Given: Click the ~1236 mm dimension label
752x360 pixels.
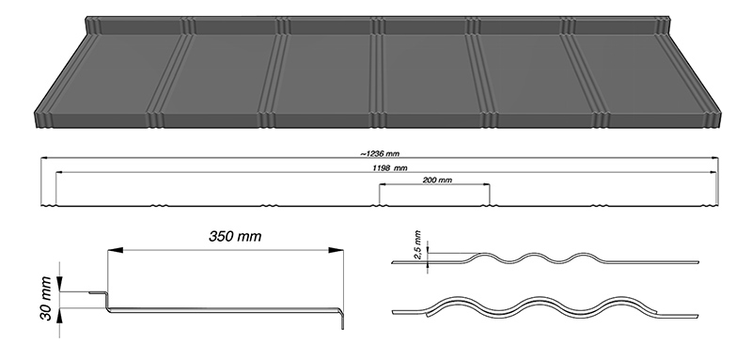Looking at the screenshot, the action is [x=380, y=154].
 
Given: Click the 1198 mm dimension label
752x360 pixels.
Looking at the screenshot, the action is [x=389, y=167].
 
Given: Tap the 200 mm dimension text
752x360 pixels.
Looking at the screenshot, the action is [x=437, y=180].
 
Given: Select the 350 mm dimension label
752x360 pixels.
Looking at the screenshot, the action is [x=235, y=236].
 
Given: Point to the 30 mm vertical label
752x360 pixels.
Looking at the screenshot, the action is [x=46, y=298].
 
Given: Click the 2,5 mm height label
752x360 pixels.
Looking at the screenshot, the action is [x=417, y=244].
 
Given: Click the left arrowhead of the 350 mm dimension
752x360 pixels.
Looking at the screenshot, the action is [x=115, y=250].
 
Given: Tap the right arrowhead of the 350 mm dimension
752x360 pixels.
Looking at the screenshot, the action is [x=336, y=250].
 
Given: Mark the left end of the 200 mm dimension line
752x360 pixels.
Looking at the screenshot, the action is [x=380, y=184].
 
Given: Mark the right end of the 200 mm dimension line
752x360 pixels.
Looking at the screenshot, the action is [x=489, y=184].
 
